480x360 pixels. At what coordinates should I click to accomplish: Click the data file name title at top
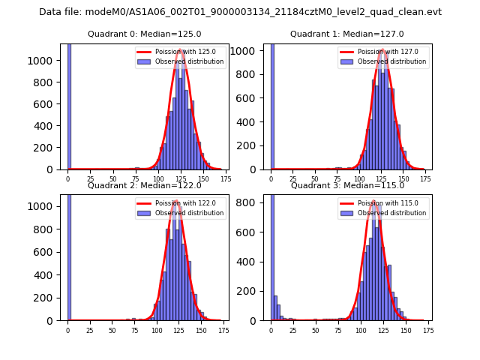pos(240,12)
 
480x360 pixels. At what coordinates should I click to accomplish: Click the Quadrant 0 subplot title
pos(144,34)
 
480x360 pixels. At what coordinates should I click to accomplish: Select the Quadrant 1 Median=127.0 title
pos(346,34)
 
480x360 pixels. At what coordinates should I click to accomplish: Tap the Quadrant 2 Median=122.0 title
pos(144,185)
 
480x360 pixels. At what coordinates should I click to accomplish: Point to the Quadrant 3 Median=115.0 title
pos(346,185)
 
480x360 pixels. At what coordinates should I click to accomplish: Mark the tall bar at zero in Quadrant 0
pos(69,105)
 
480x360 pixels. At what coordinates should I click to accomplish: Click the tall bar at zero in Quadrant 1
pos(271,105)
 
